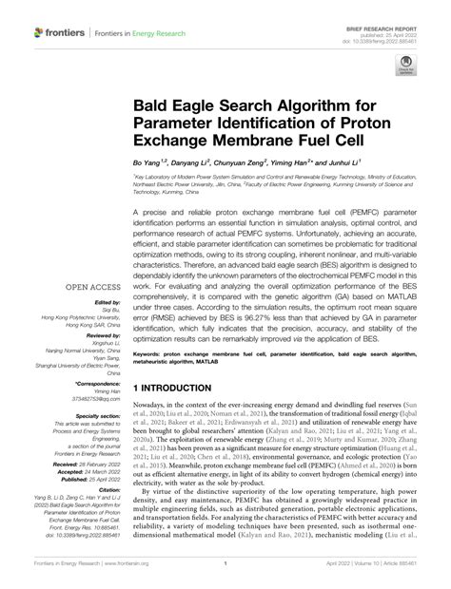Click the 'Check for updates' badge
click(406, 66)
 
